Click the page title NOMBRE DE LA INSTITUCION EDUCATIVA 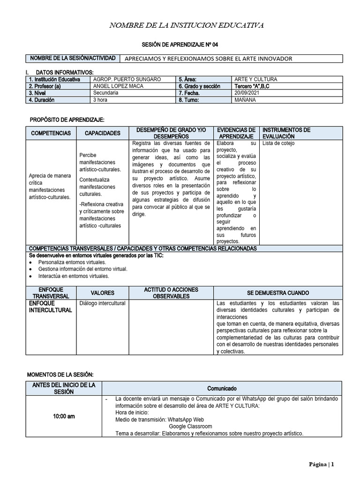tap(187, 25)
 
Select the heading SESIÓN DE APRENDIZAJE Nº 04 tap(180, 45)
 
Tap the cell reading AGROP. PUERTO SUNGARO tap(127, 80)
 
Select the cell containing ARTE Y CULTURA tap(255, 80)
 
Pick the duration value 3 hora tap(101, 100)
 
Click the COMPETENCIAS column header tap(51, 133)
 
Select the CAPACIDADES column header tap(102, 133)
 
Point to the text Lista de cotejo tap(279, 143)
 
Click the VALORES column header tap(102, 293)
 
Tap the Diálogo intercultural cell tap(103, 303)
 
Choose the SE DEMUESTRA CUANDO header tap(278, 293)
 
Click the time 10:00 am tap(64, 416)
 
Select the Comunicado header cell tap(222, 389)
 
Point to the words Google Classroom tap(190, 427)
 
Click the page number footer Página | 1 tap(321, 465)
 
